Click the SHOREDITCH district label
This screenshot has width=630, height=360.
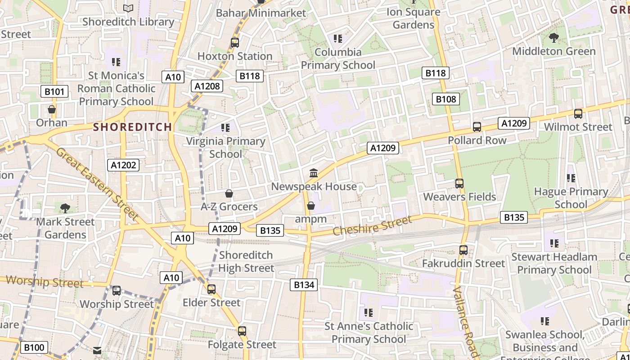pos(132,127)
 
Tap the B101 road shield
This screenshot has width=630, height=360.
pos(54,92)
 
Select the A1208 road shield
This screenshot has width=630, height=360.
pos(207,85)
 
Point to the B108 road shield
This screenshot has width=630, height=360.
pos(445,99)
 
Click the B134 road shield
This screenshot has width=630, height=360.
pos(304,284)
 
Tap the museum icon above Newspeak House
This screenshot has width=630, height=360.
pos(314,173)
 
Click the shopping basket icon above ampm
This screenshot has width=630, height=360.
pos(310,206)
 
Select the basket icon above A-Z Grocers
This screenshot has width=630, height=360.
pos(229,193)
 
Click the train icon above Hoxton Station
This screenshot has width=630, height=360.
pos(235,43)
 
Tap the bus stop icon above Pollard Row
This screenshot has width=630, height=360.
pos(477,127)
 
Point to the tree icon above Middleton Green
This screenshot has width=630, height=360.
pos(553,38)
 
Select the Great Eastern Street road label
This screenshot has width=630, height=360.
pos(97,184)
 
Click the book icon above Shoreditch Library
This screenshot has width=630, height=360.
pos(128,8)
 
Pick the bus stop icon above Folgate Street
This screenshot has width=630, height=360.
pos(242,331)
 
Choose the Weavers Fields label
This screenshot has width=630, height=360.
pos(459,197)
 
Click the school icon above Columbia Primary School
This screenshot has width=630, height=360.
pos(338,39)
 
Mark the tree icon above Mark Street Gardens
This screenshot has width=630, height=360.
pos(65,208)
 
